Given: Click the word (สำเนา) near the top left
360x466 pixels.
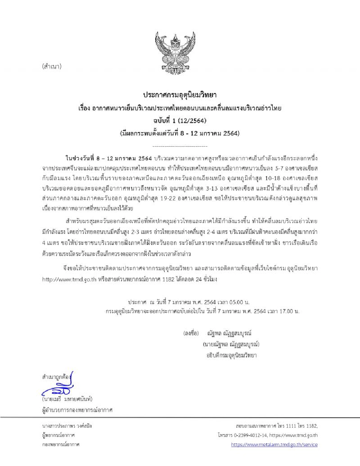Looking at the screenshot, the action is (x=52, y=67).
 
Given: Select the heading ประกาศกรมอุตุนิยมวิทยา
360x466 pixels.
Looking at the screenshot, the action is (x=180, y=95).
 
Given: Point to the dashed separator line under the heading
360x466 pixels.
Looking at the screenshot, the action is (x=180, y=146).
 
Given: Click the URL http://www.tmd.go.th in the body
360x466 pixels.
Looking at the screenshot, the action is (x=69, y=280).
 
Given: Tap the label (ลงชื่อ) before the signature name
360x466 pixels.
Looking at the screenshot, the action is (x=191, y=333).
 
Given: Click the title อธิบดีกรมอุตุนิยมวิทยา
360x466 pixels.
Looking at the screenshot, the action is (x=231, y=355).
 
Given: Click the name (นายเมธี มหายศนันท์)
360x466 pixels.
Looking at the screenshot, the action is (x=67, y=399).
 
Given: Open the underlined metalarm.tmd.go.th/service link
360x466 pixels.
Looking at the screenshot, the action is (x=274, y=445).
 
